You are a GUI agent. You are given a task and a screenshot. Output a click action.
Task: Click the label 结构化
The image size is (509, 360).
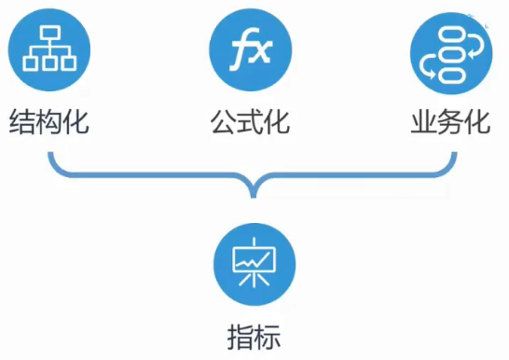pyautogui.click(x=48, y=121)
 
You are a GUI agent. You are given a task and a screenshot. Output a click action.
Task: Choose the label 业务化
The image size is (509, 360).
pyautogui.click(x=450, y=121)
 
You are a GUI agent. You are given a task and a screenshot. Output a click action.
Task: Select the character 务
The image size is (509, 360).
pyautogui.click(x=450, y=121)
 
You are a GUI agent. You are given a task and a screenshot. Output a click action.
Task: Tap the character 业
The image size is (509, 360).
pyautogui.click(x=423, y=121)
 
